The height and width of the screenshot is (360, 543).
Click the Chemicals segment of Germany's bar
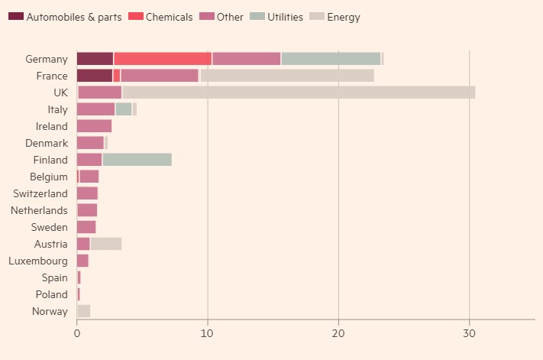pos(163,59)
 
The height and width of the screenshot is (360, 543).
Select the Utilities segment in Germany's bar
pos(331,59)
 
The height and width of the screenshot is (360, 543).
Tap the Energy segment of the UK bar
pos(299,92)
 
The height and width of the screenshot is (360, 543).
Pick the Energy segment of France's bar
pos(287,76)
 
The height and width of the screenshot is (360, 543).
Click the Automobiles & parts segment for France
pos(95,76)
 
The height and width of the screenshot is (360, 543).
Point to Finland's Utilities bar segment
pos(137,160)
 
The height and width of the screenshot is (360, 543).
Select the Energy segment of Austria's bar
pos(106,244)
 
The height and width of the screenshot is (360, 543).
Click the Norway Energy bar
pos(83,311)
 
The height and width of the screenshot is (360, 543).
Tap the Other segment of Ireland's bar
pos(94,126)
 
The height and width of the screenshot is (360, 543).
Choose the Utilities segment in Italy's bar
pos(124,109)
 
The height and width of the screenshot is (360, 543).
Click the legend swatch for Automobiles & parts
pos(15,17)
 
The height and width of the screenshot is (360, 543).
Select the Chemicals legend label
pos(169,17)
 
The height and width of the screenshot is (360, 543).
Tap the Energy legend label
pos(344,17)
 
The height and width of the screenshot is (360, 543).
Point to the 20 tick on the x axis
pos(338,334)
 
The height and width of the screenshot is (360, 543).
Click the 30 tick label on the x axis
pos(469,334)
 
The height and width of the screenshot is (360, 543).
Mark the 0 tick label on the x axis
pos(77,334)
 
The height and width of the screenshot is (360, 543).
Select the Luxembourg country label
pos(38,261)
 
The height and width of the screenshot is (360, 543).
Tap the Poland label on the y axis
pos(51,294)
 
